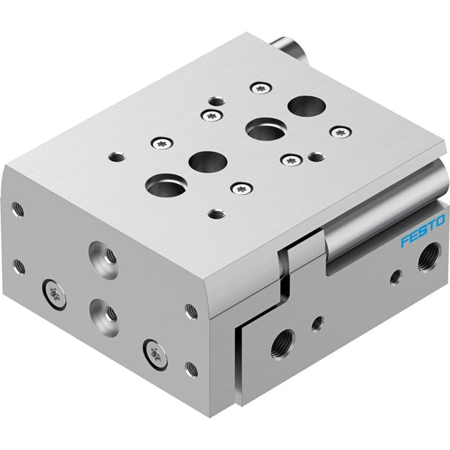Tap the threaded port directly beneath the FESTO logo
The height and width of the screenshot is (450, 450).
[429, 256]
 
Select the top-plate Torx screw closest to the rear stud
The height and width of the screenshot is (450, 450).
[261, 88]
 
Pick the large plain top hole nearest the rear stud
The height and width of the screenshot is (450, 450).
[307, 106]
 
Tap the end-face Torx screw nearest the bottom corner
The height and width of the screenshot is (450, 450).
[155, 354]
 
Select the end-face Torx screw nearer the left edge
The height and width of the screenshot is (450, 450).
[54, 295]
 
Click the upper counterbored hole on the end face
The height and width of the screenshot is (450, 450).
[104, 256]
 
